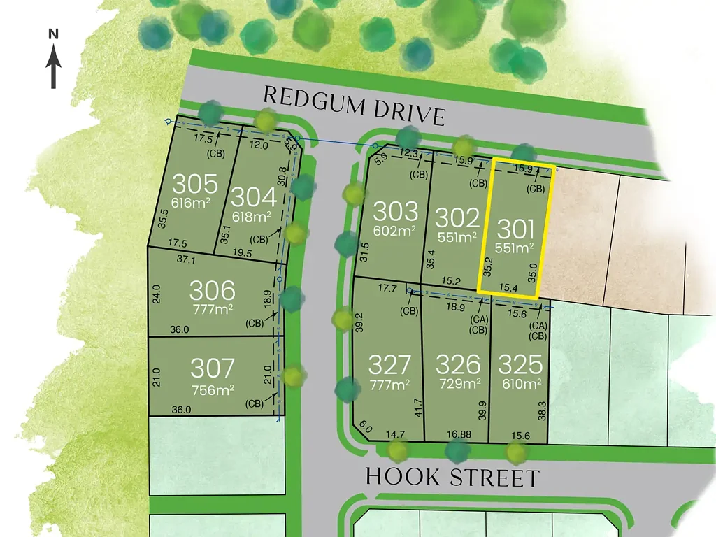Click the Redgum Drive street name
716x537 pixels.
(x=355, y=104)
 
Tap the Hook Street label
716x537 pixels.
(x=453, y=478)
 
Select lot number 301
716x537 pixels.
(x=516, y=229)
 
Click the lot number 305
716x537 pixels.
(x=195, y=185)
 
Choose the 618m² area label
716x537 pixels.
(x=252, y=217)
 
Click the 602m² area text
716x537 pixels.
(x=395, y=230)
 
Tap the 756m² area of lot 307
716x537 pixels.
(x=213, y=389)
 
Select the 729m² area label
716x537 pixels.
(x=459, y=383)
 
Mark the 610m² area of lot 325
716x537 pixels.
(x=520, y=383)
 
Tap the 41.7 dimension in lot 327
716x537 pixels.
(x=419, y=407)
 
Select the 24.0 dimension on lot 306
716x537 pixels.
(x=157, y=292)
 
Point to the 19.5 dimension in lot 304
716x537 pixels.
(x=242, y=253)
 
